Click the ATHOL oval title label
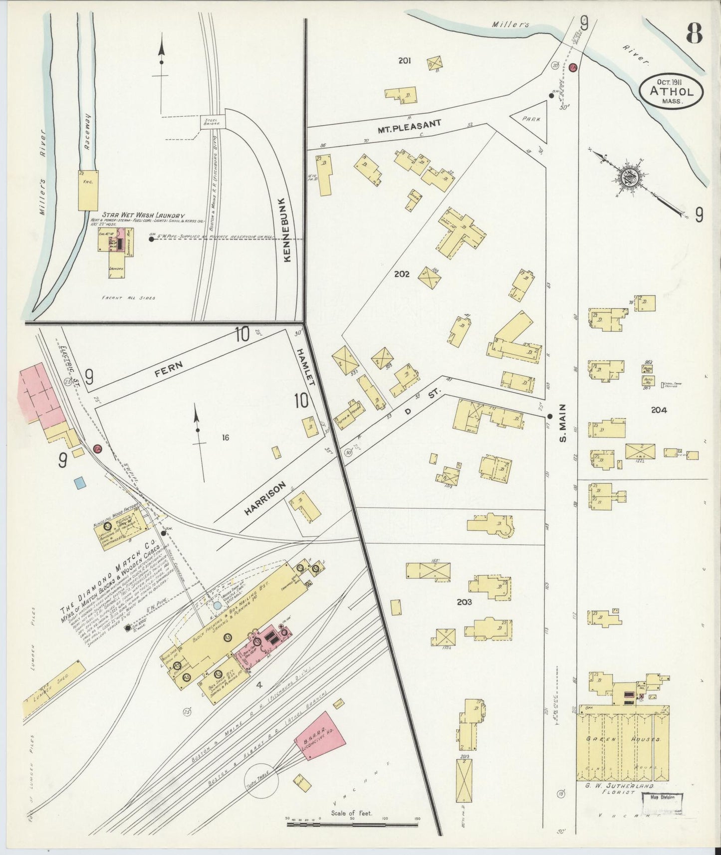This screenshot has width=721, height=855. [672, 91]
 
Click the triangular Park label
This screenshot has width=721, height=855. [532, 119]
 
